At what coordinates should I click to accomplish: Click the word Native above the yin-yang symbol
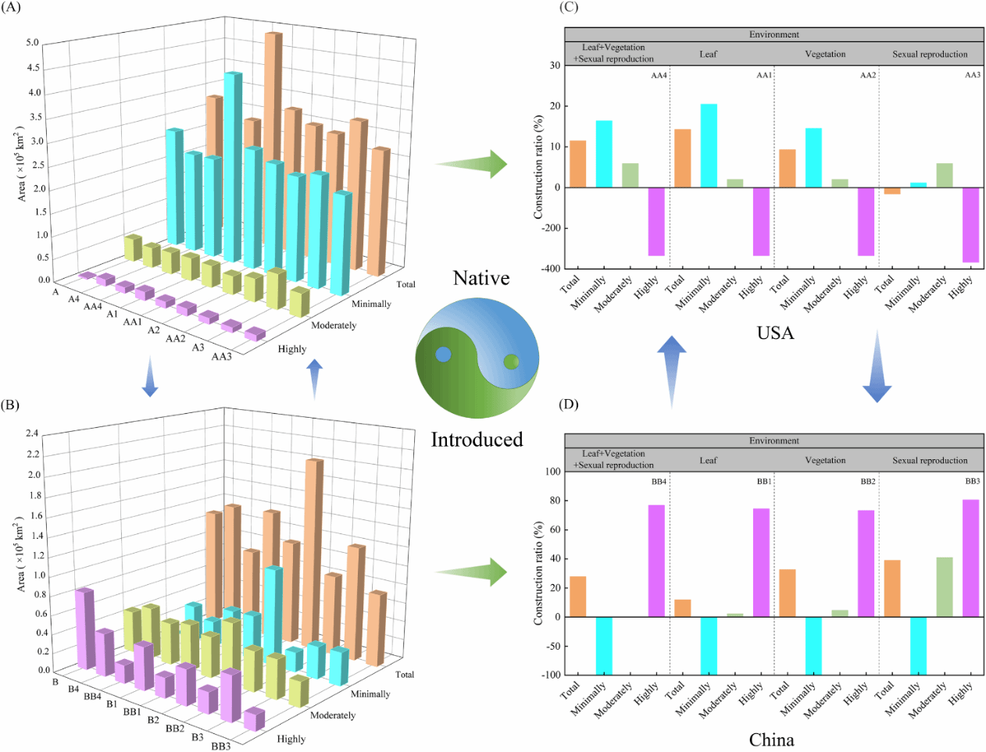(x=481, y=279)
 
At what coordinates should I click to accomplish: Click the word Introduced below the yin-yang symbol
(x=477, y=440)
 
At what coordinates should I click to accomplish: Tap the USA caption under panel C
(x=775, y=333)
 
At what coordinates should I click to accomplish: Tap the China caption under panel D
(x=771, y=740)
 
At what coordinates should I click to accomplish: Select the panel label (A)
(x=13, y=7)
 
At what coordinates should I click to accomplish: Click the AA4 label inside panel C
(x=659, y=76)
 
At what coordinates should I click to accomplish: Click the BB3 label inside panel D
(x=972, y=482)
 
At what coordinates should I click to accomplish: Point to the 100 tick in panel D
(x=553, y=472)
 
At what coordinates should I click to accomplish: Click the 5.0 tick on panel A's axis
(x=32, y=43)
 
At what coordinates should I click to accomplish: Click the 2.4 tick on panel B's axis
(x=32, y=433)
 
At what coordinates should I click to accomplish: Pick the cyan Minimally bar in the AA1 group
(x=709, y=145)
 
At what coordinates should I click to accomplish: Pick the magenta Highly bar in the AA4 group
(x=656, y=221)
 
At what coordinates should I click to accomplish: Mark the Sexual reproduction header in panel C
(x=930, y=55)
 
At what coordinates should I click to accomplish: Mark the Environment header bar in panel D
(x=773, y=440)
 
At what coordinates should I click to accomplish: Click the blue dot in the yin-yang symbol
(x=443, y=355)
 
